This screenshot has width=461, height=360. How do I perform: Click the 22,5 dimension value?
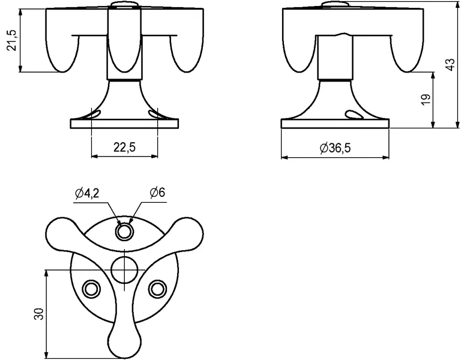click(125, 147)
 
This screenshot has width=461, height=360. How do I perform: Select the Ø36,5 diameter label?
click(335, 148)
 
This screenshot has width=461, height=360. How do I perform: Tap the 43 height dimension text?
click(450, 65)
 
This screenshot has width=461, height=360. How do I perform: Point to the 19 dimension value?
click(426, 100)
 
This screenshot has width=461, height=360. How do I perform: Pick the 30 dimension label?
click(39, 314)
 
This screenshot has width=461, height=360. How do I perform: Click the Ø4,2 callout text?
click(87, 193)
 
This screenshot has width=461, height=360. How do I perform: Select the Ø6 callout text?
click(157, 193)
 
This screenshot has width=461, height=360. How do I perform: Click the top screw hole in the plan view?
click(125, 232)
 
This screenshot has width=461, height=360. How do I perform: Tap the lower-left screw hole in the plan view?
click(91, 289)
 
